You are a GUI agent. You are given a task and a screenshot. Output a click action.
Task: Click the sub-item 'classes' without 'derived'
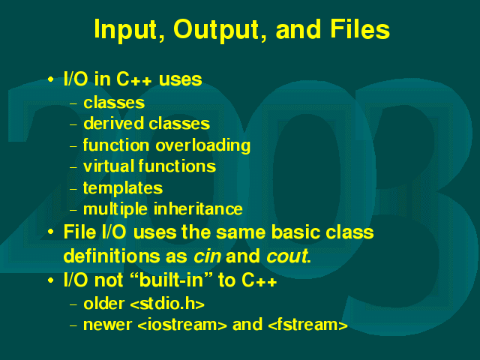coord(114,103)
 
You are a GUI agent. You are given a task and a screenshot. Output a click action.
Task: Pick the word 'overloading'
coord(203,145)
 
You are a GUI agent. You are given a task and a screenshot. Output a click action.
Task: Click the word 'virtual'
coord(109,166)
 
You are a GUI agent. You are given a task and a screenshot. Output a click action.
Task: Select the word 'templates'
coord(123,188)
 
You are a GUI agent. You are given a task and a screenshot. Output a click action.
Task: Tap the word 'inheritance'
coord(198,209)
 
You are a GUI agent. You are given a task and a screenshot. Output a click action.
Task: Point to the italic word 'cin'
coord(207,256)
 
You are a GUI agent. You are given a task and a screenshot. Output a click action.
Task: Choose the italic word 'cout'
coord(286,256)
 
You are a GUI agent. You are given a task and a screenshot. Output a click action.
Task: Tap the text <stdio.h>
coord(167,304)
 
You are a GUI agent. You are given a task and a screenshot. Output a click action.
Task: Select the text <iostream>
coord(182,325)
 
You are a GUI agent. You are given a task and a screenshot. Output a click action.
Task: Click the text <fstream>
coord(307,325)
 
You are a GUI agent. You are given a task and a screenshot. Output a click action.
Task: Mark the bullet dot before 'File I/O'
coord(51,232)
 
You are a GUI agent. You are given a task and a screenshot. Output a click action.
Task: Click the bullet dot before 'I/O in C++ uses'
coord(51,79)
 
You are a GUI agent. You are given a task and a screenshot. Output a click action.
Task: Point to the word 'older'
coord(103,304)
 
